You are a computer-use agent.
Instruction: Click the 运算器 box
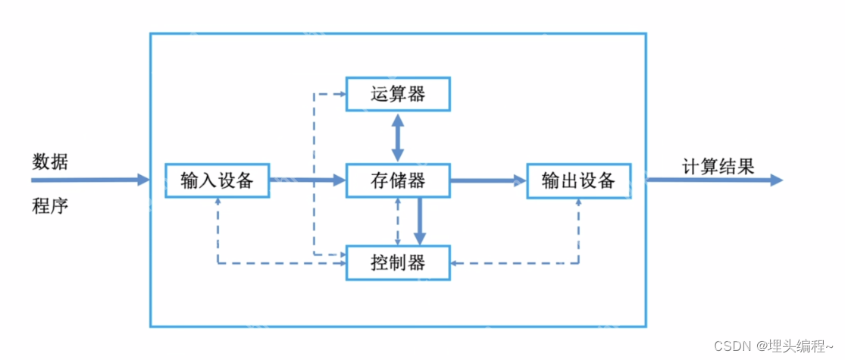pos(398,94)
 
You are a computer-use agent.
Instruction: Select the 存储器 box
pos(398,180)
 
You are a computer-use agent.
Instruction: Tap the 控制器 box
pos(398,263)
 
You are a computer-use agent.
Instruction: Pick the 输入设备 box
pos(218,180)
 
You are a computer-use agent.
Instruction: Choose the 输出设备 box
pos(579,180)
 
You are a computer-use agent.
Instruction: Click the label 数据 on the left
pos(49,161)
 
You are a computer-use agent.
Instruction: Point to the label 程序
pos(49,205)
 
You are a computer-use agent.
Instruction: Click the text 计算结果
pos(718,167)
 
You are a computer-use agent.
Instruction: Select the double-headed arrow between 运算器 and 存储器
pos(398,137)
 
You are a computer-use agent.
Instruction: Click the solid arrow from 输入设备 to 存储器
pos(307,180)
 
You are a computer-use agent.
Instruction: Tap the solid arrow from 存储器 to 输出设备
pos(488,180)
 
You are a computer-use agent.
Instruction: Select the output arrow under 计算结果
pos(712,180)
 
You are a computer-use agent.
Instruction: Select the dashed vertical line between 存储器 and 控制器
pos(398,221)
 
